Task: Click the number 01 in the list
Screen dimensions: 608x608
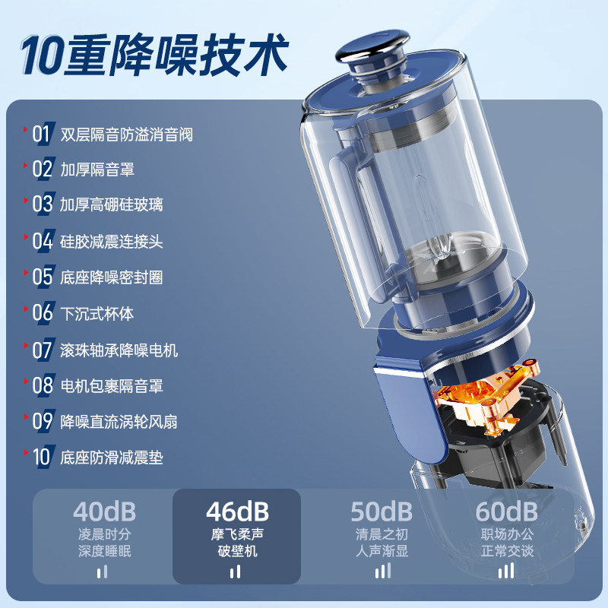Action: (x=43, y=135)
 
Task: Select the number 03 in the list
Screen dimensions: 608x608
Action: (x=43, y=204)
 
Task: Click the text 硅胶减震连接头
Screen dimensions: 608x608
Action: (x=112, y=241)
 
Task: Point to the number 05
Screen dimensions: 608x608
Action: (x=43, y=276)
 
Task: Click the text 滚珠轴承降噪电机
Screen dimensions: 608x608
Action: (x=119, y=350)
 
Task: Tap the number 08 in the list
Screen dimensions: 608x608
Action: (x=43, y=385)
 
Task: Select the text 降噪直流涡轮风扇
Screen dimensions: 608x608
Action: (x=119, y=421)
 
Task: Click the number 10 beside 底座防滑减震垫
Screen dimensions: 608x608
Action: (x=42, y=457)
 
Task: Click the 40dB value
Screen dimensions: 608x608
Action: (x=104, y=511)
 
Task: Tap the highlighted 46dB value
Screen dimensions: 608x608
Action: (x=237, y=511)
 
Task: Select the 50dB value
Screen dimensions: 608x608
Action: (x=382, y=511)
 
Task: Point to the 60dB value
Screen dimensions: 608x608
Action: (x=507, y=511)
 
